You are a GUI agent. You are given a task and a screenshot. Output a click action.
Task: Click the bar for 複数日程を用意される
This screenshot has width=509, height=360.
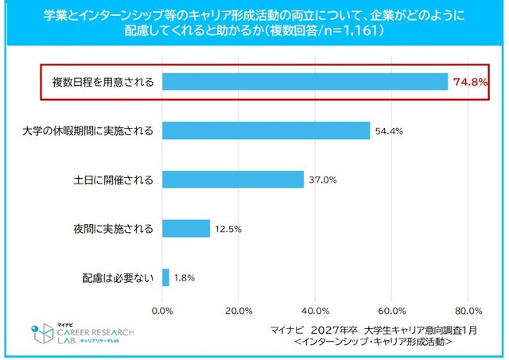[x=305, y=82]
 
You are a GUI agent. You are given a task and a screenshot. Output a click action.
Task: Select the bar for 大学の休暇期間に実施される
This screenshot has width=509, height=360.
[x=266, y=130]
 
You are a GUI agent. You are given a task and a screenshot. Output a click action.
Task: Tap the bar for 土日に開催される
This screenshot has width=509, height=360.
[x=233, y=180]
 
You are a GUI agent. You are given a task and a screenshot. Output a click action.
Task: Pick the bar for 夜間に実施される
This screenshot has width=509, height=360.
[x=186, y=229]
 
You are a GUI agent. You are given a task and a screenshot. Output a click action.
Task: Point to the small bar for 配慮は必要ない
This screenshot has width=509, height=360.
[x=165, y=278]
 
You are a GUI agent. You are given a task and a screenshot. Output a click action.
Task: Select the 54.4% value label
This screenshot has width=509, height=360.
[x=388, y=130]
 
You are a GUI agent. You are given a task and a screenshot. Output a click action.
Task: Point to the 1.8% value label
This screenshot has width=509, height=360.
[x=184, y=278]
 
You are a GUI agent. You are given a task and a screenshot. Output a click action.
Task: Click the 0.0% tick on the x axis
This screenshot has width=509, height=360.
[x=162, y=310]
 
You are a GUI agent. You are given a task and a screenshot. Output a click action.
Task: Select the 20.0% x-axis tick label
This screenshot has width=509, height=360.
[x=239, y=310]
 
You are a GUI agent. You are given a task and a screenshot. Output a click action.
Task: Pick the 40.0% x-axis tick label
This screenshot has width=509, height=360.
[x=315, y=310]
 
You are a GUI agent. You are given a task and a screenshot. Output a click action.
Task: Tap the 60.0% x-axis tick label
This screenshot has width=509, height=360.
[x=391, y=310]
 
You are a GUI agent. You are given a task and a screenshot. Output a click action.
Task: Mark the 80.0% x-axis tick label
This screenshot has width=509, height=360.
[x=468, y=310]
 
